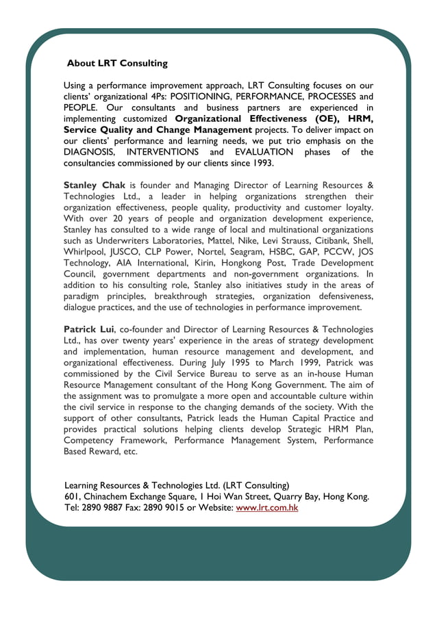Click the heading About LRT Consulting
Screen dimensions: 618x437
117,64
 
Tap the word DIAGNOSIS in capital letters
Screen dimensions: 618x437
89,152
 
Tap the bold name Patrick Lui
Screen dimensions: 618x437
88,329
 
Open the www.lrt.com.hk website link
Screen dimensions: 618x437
266,507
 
